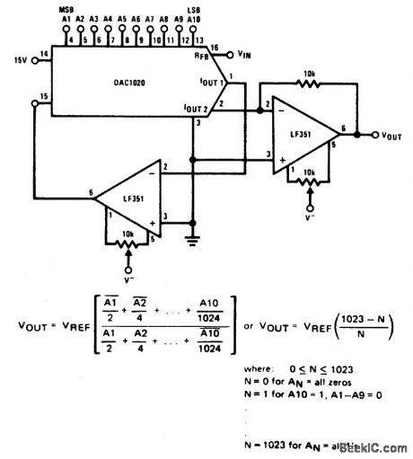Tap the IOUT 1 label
tap(210, 82)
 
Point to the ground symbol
tap(192, 239)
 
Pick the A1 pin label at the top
tap(66, 18)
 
